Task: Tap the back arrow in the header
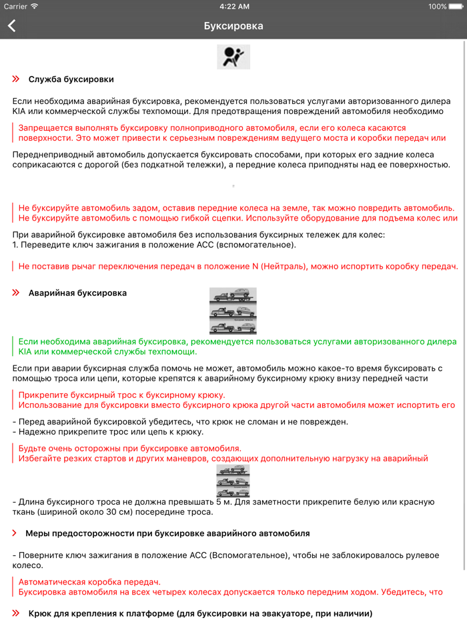coord(12,26)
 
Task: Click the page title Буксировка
coord(233,26)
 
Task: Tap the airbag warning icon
coord(233,56)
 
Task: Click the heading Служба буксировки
coord(71,79)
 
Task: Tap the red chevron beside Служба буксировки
coord(16,79)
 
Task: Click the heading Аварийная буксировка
coord(77,293)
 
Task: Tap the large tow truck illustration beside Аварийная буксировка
coord(233,311)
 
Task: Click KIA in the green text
coord(25,351)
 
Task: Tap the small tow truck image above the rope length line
coord(233,480)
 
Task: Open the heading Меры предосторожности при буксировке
coord(167,533)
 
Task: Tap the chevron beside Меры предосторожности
coord(15,533)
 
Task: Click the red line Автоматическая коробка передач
coord(89,581)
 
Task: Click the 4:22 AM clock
coord(233,7)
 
